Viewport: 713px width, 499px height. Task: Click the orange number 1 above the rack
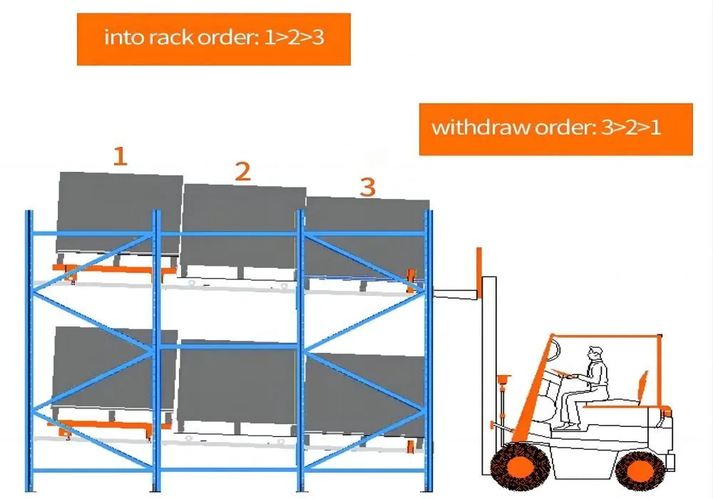click(120, 156)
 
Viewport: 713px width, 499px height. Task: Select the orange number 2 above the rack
click(243, 172)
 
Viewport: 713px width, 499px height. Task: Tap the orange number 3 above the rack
click(367, 187)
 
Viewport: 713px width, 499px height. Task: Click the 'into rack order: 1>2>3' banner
click(214, 38)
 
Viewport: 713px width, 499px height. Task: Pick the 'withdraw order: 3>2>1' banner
click(555, 129)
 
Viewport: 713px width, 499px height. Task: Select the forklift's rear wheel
click(640, 470)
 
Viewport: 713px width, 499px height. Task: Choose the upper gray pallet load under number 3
click(365, 239)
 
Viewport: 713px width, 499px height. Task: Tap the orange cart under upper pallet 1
click(114, 271)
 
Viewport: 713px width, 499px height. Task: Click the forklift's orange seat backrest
click(645, 389)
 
